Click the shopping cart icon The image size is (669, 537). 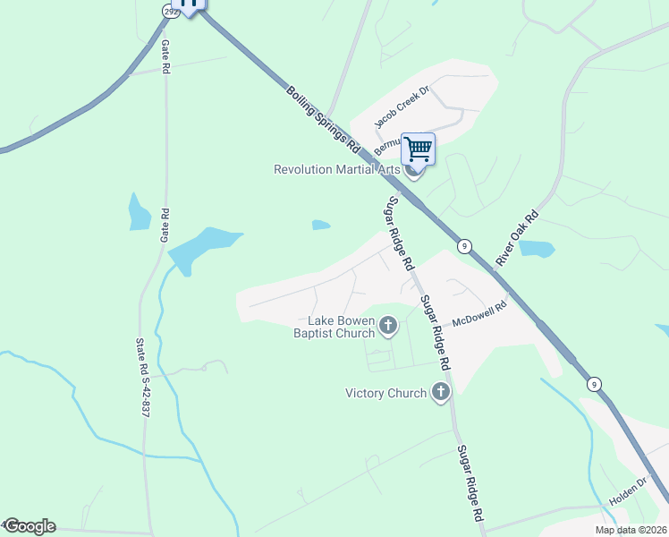417,149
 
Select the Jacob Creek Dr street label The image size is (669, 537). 402,105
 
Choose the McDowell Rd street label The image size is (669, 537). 479,313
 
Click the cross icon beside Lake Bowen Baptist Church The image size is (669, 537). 388,327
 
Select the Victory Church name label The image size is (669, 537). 386,393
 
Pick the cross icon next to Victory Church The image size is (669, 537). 440,392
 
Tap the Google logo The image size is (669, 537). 29,526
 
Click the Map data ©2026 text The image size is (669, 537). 631,530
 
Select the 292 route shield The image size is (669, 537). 169,11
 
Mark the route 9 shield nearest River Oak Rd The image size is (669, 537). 463,246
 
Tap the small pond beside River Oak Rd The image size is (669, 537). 537,249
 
